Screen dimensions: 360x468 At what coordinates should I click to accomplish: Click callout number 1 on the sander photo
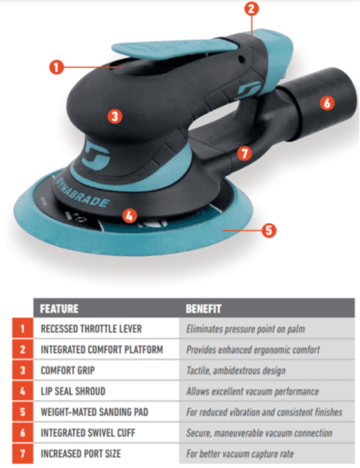coord(56,67)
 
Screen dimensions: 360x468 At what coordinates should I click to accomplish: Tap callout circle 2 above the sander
coord(252,9)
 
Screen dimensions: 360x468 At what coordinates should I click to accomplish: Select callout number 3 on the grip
coord(115,116)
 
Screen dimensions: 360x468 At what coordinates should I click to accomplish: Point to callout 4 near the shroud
coord(129,215)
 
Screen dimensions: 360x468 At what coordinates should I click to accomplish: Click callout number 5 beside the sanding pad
coord(269,230)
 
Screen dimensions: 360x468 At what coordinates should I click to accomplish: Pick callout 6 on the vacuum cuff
coord(327,103)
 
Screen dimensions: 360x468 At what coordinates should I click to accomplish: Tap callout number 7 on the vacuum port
coord(244,154)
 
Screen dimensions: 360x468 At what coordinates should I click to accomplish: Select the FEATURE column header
coord(59,309)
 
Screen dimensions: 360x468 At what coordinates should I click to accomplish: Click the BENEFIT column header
coord(204,309)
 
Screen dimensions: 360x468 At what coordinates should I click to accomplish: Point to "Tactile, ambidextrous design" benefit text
coord(236,370)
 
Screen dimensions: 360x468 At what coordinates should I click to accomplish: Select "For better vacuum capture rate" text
coord(240,454)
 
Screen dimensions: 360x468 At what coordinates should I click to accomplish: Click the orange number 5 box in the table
coord(22,412)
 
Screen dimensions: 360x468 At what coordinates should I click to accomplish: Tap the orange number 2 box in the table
coord(22,349)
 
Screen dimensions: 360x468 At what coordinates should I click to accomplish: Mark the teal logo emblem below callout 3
coord(96,156)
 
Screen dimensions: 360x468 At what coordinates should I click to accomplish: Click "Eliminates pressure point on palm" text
coord(246,329)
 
